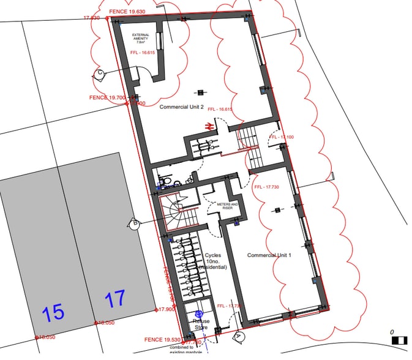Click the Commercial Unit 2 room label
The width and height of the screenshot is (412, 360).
point(181,107)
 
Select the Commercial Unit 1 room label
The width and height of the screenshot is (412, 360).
point(269,254)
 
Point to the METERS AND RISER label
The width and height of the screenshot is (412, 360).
point(222,206)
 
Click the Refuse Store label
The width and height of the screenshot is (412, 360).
point(201,324)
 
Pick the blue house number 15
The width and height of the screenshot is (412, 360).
point(53,313)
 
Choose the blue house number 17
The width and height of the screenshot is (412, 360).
point(115,299)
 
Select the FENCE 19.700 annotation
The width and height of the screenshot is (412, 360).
point(107,97)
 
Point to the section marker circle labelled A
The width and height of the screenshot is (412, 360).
point(239,336)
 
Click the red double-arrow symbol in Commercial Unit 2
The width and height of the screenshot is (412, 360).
point(209,126)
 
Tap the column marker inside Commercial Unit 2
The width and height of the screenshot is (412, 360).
point(200,93)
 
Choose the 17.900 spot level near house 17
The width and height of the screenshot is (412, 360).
point(167,310)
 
